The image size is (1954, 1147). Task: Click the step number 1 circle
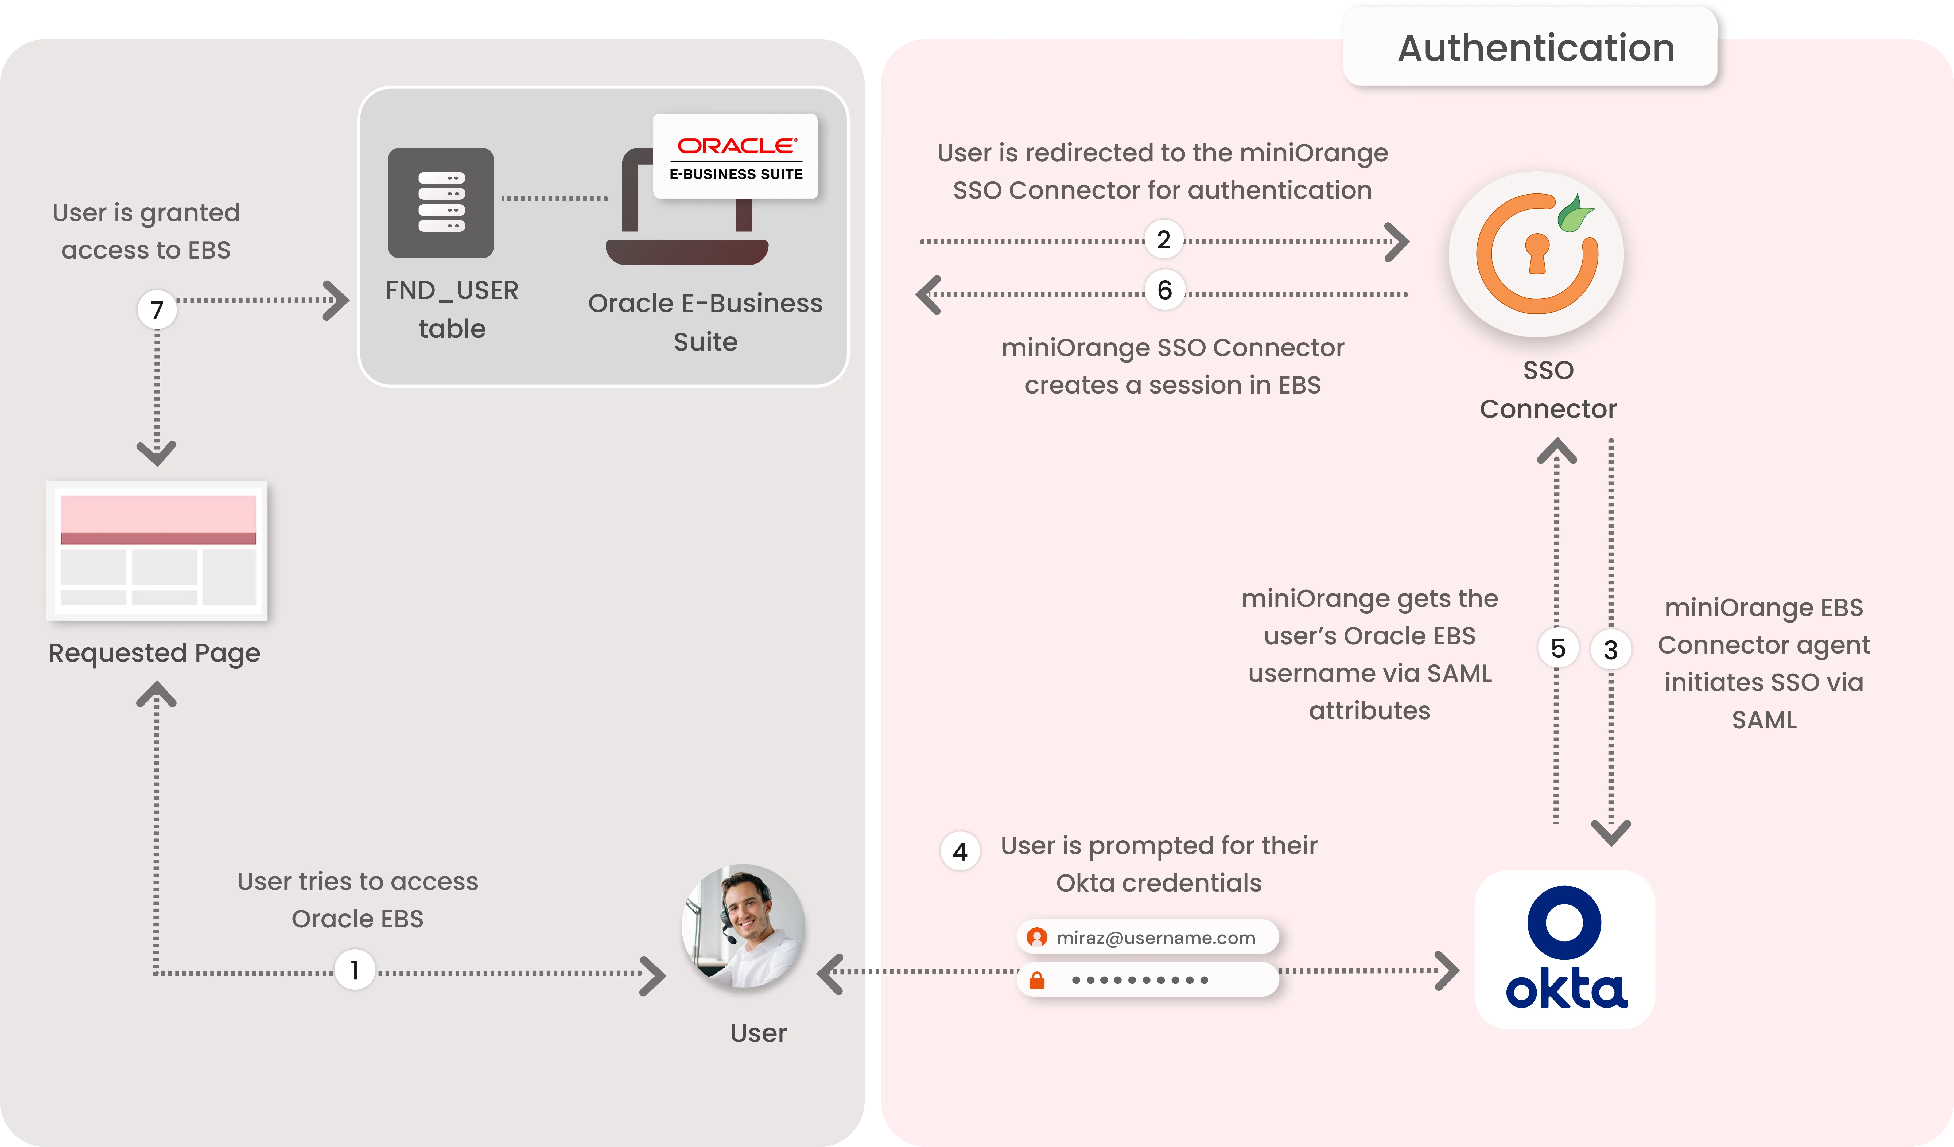click(354, 970)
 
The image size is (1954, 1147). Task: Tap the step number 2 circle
click(1163, 240)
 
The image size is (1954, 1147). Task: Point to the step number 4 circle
click(960, 851)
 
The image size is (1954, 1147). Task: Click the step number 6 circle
click(1164, 290)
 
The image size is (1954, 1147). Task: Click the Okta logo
click(1565, 949)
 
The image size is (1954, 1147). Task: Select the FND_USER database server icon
click(440, 203)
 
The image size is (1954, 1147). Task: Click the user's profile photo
click(743, 926)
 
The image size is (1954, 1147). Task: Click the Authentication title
click(1535, 48)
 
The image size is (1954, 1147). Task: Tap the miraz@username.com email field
click(1148, 938)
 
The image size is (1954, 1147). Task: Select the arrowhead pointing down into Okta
click(1610, 834)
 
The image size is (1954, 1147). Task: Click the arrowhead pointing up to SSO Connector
click(1556, 451)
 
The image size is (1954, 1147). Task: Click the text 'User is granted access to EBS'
click(146, 231)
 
